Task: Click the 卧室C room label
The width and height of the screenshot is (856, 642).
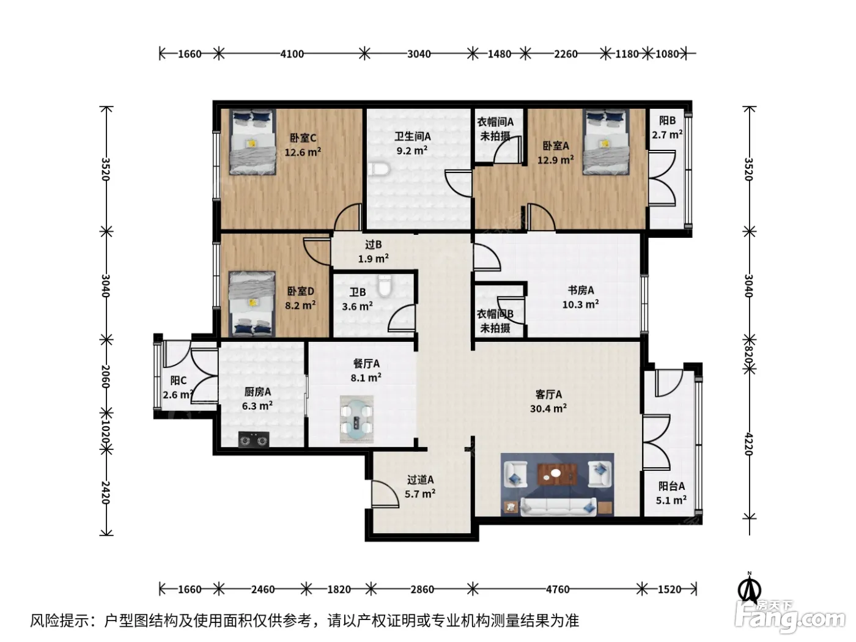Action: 303,138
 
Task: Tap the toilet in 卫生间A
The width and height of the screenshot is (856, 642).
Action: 378,169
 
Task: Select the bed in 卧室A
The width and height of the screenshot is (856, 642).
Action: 606,142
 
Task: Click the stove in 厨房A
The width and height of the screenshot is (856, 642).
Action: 254,440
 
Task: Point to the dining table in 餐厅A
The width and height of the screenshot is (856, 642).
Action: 356,419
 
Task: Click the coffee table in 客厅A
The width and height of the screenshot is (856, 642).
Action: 557,474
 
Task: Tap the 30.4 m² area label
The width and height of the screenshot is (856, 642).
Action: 548,408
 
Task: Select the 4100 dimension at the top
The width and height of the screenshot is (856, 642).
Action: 292,54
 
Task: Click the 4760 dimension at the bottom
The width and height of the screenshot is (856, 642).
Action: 557,589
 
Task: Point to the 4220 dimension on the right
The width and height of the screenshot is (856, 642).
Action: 748,444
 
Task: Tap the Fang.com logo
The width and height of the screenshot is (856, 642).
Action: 790,617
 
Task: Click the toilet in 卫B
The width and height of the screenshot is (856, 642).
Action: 385,285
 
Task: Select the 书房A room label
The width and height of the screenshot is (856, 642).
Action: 581,290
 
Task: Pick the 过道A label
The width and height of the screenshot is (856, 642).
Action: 420,479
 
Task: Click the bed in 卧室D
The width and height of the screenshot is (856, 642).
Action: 252,303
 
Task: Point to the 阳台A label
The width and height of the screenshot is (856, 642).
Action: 671,486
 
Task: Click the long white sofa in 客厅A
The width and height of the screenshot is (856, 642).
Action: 558,506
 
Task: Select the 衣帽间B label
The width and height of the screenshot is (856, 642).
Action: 495,314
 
